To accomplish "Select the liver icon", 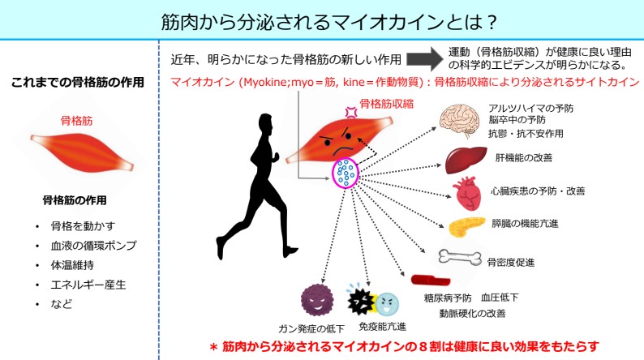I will [x=465, y=159].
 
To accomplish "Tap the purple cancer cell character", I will [x=317, y=299].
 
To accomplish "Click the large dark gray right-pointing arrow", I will [x=423, y=58].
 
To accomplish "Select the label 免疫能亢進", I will [x=383, y=328].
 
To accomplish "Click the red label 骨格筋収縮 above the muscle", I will [x=386, y=103].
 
